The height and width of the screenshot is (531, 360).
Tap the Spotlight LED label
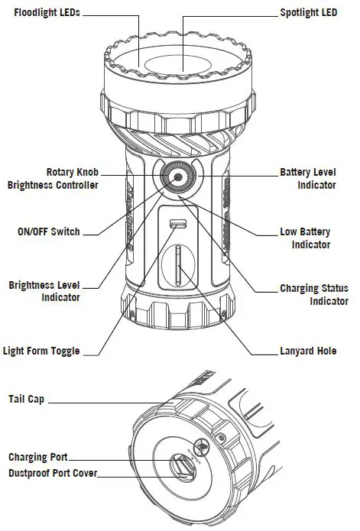(308, 14)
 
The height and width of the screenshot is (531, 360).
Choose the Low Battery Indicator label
(310, 238)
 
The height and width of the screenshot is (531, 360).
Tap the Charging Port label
(39, 457)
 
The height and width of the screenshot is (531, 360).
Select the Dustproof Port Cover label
(53, 473)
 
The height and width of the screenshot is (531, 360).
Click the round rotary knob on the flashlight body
(178, 178)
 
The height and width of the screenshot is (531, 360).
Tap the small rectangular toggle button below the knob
(178, 224)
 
